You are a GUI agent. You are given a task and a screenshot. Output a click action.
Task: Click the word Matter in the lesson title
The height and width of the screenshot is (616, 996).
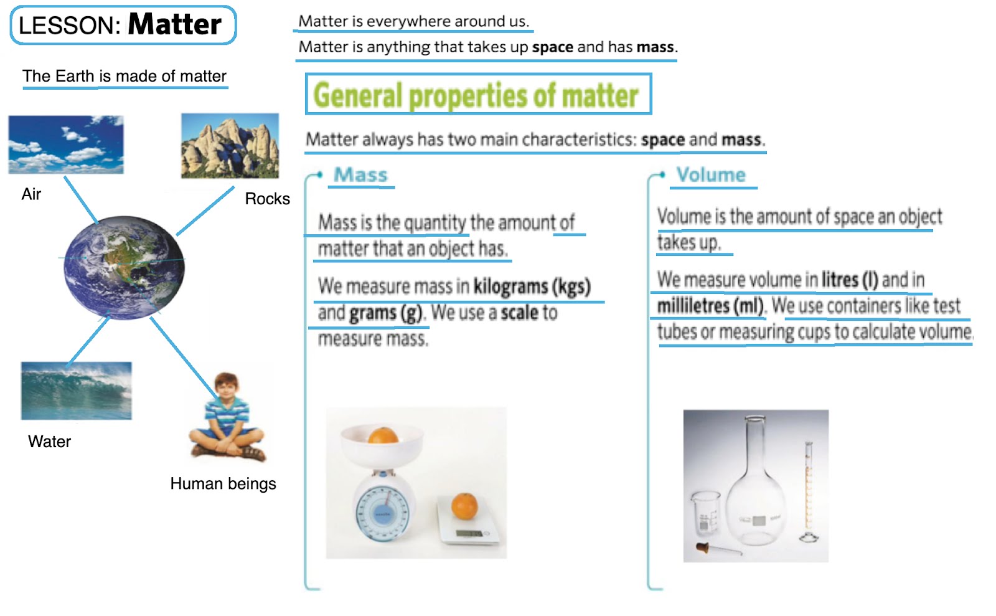click(174, 25)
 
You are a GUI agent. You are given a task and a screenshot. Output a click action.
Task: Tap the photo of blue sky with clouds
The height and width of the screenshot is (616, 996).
click(66, 145)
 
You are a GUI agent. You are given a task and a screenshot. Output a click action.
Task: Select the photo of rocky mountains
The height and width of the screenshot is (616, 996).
click(230, 146)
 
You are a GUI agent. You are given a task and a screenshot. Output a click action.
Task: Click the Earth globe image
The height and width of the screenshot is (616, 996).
click(125, 267)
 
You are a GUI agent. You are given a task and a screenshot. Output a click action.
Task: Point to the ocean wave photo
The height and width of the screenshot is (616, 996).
click(76, 391)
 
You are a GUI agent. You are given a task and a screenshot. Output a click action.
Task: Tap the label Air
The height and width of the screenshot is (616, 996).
click(31, 194)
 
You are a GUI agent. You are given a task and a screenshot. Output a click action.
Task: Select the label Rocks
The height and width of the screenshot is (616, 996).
click(267, 199)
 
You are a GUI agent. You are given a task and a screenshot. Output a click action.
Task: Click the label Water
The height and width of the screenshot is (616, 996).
click(49, 442)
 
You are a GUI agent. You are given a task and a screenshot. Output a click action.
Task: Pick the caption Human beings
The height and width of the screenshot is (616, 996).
click(223, 484)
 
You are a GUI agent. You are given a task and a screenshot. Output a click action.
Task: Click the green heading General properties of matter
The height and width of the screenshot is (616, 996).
click(476, 95)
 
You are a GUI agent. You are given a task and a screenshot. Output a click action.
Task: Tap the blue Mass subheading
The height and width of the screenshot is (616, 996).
click(360, 175)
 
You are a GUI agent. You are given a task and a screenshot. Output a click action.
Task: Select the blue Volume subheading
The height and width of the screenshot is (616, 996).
click(711, 175)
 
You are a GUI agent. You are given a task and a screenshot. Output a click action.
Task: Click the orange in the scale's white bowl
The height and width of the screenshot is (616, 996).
click(383, 435)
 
